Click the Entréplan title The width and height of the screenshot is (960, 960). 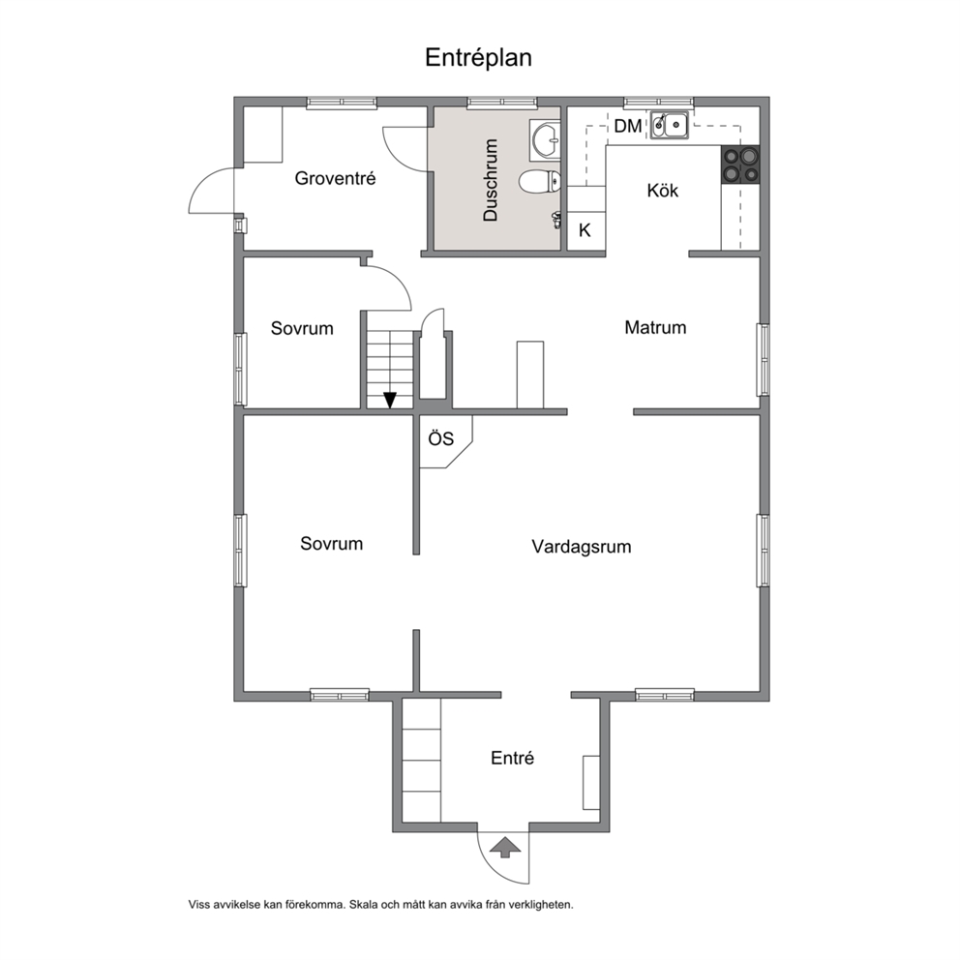478,58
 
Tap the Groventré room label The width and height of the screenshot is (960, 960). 335,178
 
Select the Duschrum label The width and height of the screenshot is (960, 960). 491,179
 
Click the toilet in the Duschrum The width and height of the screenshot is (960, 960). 539,181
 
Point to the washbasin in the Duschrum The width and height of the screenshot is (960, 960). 545,139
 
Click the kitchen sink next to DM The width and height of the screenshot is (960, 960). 669,126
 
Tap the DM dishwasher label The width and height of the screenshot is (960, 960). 627,126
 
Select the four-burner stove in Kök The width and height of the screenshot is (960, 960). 740,165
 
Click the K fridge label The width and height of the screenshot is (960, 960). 585,230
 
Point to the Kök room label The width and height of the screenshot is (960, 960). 663,191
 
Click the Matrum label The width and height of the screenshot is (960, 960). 655,327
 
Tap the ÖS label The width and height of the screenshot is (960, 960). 441,438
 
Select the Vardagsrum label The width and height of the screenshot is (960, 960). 581,546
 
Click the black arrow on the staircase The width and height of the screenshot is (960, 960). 389,401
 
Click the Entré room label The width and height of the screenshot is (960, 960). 513,758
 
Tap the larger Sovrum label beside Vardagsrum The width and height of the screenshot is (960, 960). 331,544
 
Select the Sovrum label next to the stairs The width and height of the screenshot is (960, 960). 302,328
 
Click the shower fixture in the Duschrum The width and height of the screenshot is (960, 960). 556,220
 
